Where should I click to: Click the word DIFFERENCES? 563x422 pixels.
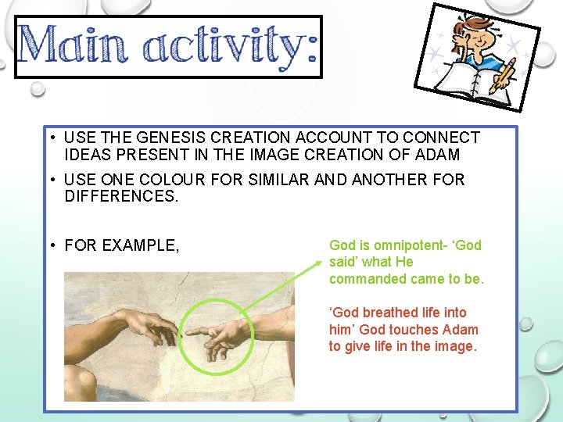tap(122, 197)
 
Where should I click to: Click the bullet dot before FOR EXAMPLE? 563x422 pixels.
tap(48, 246)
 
